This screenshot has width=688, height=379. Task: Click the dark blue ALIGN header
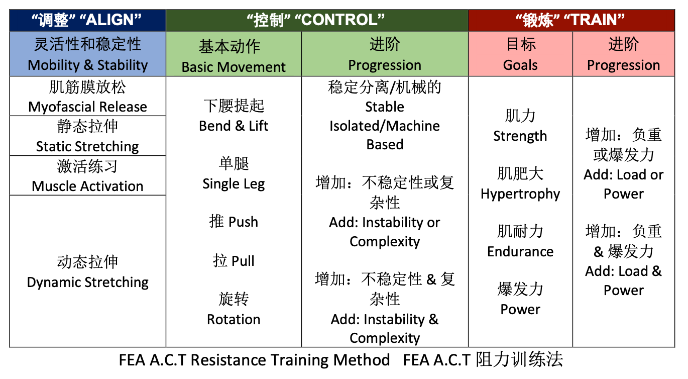point(88,20)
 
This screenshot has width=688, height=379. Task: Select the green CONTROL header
point(317,20)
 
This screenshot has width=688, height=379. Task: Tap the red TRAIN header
point(571,20)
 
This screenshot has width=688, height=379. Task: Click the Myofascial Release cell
point(88,96)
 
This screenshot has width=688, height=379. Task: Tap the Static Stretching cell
point(88,136)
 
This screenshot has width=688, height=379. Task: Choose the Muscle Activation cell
point(88,175)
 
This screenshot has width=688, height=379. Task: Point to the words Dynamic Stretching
point(87,282)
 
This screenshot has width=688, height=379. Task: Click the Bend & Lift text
point(234,126)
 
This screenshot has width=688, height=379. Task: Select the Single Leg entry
point(234,184)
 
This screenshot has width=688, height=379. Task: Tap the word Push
point(243,222)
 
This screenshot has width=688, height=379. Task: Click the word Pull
point(243,261)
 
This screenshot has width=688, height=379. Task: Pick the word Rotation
point(234,319)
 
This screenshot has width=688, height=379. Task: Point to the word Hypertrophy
point(520,194)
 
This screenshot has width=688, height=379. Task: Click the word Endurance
point(520,251)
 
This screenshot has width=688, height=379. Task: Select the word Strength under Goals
point(520,136)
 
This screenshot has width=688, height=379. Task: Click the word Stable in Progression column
point(385,107)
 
